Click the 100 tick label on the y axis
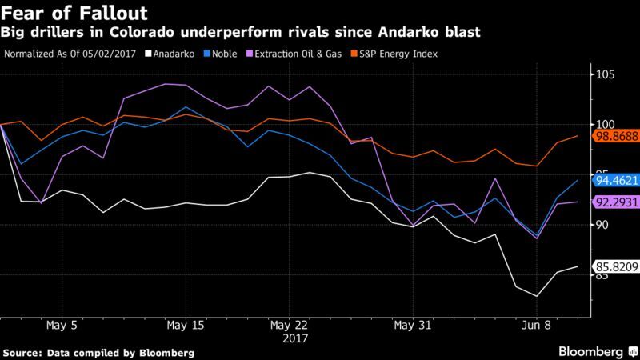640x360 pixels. click(604, 125)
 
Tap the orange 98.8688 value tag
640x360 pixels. click(614, 137)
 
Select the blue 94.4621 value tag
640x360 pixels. click(614, 182)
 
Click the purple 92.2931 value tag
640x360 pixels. click(614, 202)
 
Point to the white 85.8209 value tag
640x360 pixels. click(614, 267)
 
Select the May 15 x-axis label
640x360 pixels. click(186, 326)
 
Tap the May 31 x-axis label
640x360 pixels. click(411, 326)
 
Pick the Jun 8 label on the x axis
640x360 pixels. click(536, 326)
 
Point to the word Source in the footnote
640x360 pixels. click(24, 351)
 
